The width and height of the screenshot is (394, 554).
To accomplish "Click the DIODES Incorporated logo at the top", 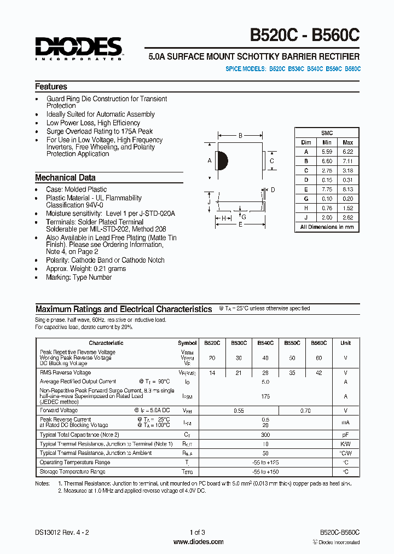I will click(79, 48).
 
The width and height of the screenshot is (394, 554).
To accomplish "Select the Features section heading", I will click(51, 86).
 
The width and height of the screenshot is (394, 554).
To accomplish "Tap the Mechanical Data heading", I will click(65, 177).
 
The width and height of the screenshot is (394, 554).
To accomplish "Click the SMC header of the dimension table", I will click(327, 133).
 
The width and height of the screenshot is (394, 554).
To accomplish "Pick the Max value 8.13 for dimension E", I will click(347, 189).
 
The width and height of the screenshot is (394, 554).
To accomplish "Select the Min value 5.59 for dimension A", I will click(327, 152).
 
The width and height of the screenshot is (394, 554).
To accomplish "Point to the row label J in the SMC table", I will click(306, 217).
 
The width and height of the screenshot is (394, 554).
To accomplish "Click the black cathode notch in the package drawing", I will click(222, 160).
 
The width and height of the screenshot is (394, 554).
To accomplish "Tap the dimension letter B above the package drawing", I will click(240, 136).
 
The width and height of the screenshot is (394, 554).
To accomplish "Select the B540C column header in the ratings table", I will click(265, 343).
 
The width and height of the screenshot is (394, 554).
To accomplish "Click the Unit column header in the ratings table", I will click(345, 343).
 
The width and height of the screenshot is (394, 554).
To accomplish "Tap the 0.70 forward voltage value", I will click(305, 410).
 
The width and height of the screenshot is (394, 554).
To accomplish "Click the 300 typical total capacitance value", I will click(265, 434).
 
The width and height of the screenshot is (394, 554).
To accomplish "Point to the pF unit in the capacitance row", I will click(345, 434).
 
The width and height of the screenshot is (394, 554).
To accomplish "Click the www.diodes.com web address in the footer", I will click(198, 542).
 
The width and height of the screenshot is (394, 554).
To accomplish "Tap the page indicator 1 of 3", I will click(198, 532).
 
